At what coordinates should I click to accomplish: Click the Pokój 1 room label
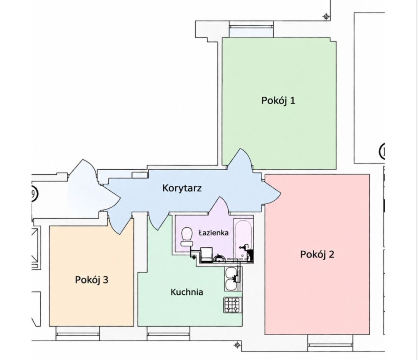[278, 100]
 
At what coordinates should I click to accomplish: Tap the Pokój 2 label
[317, 254]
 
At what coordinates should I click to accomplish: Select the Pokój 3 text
[91, 280]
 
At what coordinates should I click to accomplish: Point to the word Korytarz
[182, 188]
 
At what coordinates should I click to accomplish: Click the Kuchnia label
[187, 292]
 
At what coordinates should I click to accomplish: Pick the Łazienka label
[213, 233]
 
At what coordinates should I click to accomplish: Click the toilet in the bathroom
[187, 237]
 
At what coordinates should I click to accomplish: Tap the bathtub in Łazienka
[243, 239]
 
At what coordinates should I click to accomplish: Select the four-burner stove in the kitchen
[233, 305]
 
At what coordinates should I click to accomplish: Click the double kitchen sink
[233, 279]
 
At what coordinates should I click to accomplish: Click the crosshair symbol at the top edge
[326, 16]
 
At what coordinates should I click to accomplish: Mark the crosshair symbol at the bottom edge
[237, 345]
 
